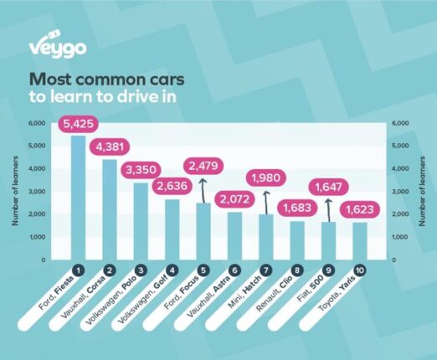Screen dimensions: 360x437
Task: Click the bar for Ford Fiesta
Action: [78, 197]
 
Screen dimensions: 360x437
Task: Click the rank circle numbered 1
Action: [78, 270]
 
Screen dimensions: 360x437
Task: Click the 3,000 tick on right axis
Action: [400, 192]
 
